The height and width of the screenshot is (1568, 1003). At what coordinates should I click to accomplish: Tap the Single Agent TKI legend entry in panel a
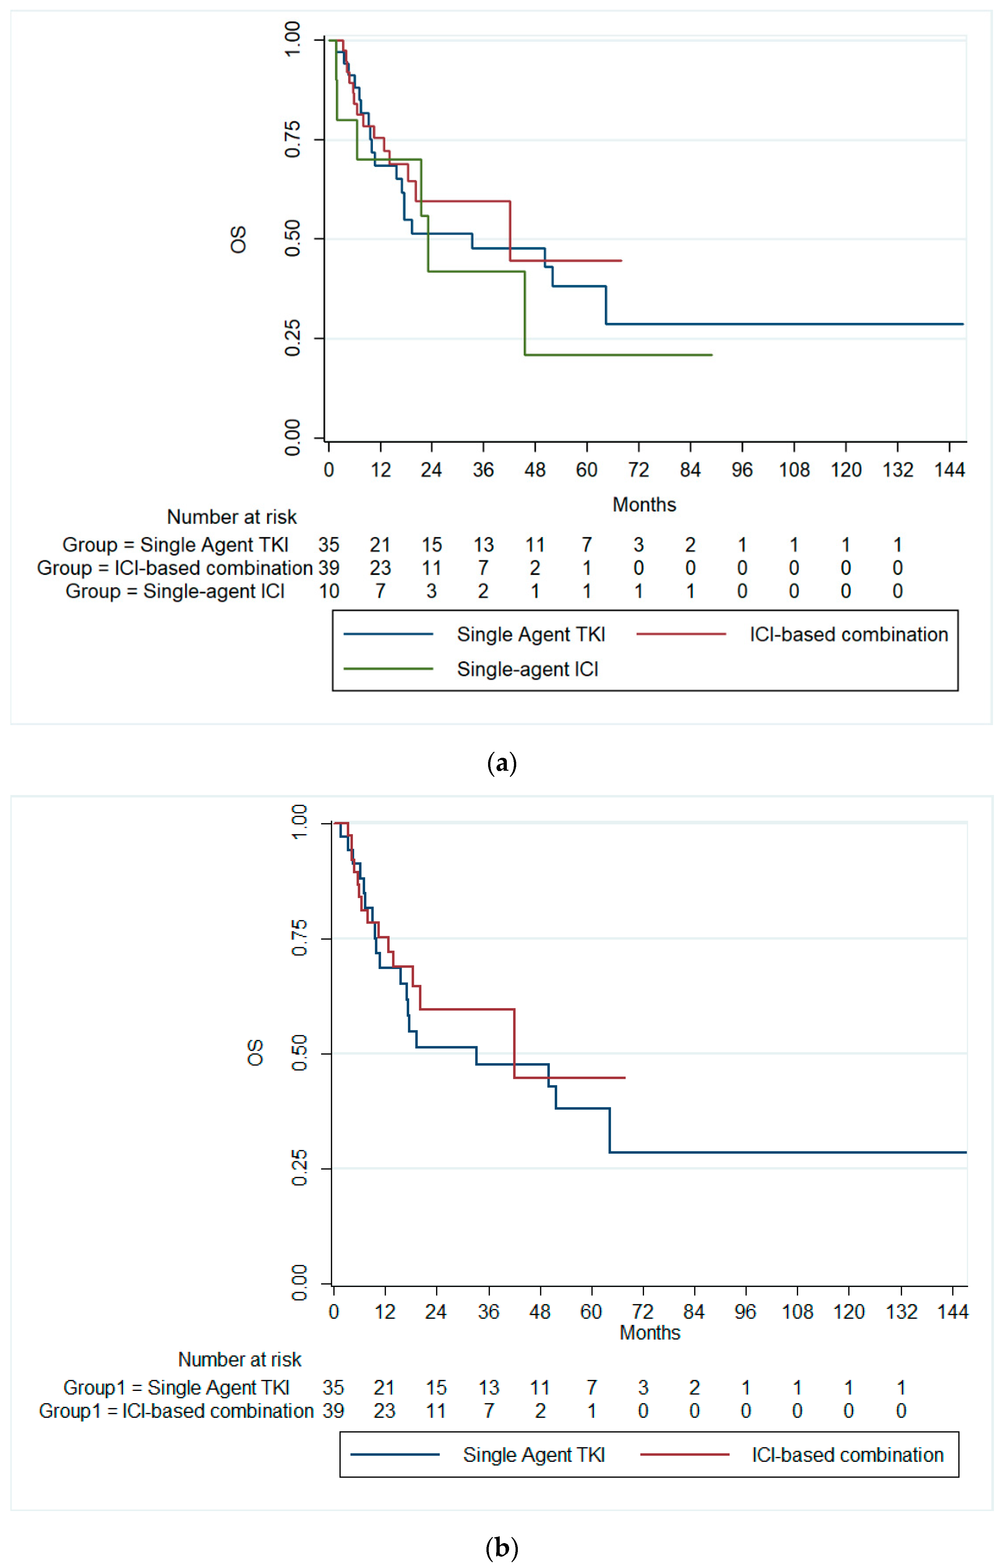(x=531, y=634)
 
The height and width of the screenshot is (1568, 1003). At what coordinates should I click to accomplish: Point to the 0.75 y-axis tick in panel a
(x=293, y=140)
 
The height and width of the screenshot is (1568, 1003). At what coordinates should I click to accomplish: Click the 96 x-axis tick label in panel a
(x=742, y=470)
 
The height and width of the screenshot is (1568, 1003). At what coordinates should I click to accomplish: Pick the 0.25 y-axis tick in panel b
(x=299, y=1168)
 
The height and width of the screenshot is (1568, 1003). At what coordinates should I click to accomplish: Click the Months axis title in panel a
(x=644, y=504)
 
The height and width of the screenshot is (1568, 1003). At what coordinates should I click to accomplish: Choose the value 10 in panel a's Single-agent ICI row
(x=329, y=591)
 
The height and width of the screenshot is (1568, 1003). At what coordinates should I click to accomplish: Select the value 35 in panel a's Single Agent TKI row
(x=329, y=544)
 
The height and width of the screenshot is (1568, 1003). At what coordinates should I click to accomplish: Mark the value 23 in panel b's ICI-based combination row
(x=384, y=1410)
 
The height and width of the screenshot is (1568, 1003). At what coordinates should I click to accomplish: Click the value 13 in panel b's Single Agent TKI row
(x=488, y=1388)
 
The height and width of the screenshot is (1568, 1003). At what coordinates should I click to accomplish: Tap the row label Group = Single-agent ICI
(x=174, y=591)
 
